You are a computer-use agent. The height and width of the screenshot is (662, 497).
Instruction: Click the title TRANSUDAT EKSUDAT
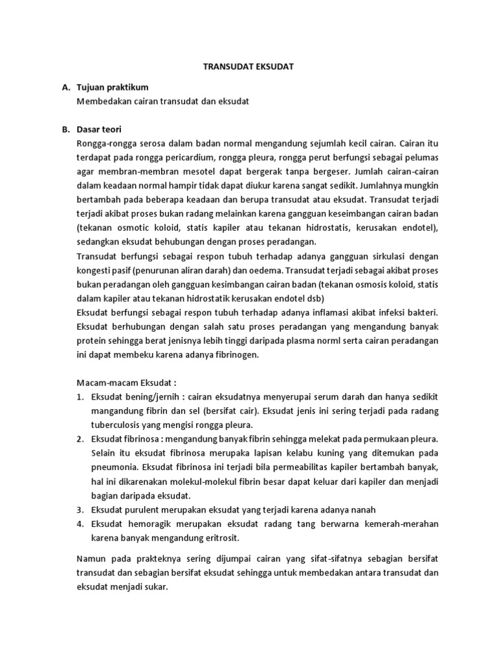click(x=248, y=67)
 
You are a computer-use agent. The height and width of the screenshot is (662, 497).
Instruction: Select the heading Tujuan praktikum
click(x=113, y=87)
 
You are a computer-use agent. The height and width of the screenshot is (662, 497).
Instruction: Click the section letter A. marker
click(x=66, y=87)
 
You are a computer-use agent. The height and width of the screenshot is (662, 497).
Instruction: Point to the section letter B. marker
click(x=66, y=129)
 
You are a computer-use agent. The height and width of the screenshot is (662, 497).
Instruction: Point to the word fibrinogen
click(x=236, y=354)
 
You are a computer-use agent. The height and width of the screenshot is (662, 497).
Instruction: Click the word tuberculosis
click(x=118, y=425)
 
